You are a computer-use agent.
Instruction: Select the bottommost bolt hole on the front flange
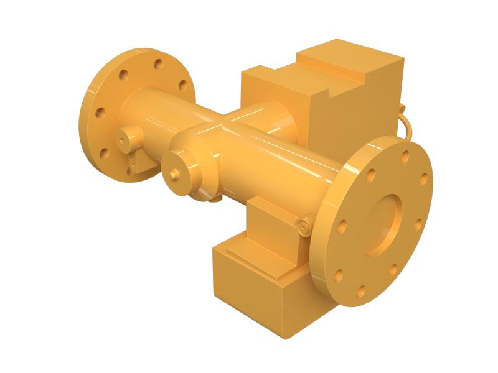pyautogui.click(x=360, y=289)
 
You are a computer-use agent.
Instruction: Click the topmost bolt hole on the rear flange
pyautogui.click(x=158, y=63)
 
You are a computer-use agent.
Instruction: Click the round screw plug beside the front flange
pyautogui.click(x=304, y=228)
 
